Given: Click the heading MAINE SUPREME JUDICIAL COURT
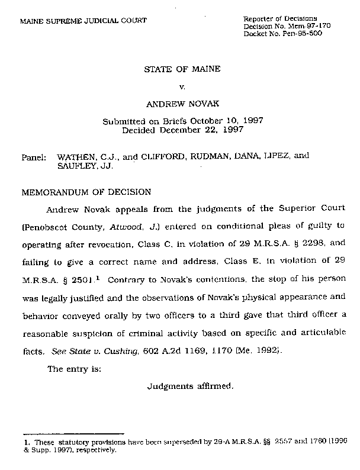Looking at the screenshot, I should point(83,21).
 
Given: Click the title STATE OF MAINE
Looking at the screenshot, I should point(182,69).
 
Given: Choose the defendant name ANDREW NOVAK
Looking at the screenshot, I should point(182,104).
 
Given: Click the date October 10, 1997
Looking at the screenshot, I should point(232,121).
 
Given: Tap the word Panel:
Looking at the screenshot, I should point(34,158).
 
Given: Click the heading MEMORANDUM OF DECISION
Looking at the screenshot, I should point(86,192).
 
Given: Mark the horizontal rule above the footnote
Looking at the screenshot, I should point(72,434).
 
